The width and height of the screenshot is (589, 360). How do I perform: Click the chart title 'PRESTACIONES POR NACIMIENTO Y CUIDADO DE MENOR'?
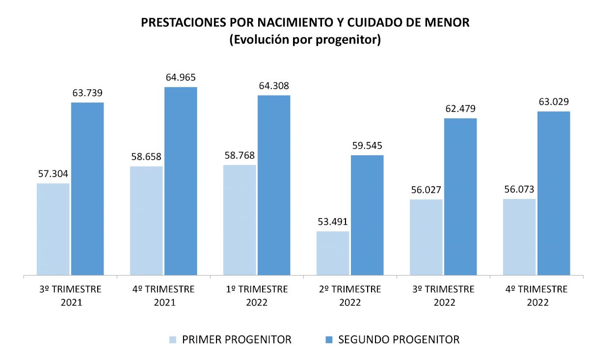tap(305, 23)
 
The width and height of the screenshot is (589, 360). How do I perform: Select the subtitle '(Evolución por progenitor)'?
tap(305, 40)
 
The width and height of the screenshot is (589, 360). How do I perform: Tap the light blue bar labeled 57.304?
tap(53, 229)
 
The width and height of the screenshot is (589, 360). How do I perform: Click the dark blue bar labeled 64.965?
tap(181, 181)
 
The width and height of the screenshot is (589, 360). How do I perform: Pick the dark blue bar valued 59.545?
tap(367, 215)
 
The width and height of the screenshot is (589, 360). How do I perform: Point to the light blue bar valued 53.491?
tap(333, 253)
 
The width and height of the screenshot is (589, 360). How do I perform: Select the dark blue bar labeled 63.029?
tap(554, 193)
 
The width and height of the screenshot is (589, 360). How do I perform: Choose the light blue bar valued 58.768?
tap(240, 220)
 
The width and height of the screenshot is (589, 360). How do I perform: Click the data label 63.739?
tap(87, 93)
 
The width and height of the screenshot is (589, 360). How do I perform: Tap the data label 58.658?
tap(146, 157)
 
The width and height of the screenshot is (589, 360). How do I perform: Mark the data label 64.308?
tap(274, 86)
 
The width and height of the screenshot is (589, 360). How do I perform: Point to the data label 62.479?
tap(460, 109)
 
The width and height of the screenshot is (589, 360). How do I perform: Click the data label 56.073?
tap(519, 190)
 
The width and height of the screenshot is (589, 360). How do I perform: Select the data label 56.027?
tap(426, 190)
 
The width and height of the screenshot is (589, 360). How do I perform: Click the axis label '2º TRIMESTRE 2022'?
tap(350, 296)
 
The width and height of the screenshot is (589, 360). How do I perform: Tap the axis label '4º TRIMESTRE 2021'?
tap(163, 296)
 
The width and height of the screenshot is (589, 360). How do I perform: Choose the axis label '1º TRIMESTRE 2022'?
tap(257, 296)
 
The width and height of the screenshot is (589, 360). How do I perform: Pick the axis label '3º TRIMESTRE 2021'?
tap(70, 296)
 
